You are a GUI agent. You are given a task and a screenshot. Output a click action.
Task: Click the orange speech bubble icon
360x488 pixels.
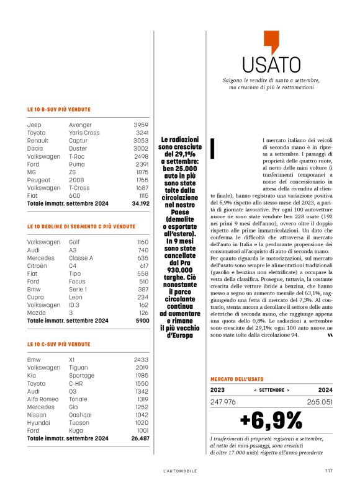(271, 42)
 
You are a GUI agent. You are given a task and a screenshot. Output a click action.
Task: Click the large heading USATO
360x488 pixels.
(271, 64)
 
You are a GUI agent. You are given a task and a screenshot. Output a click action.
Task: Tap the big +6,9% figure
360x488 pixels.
(271, 420)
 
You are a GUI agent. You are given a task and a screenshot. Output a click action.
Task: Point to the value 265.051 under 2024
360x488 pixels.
(319, 402)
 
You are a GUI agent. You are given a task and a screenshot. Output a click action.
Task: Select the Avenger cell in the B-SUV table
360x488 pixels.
(80, 125)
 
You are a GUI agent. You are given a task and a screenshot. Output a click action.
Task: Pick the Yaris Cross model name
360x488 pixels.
(84, 133)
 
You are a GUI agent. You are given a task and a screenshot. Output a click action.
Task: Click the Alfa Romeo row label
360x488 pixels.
(44, 399)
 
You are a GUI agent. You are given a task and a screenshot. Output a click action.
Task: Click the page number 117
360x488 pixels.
(328, 469)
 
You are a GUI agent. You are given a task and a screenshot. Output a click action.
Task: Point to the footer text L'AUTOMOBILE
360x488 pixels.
(180, 470)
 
